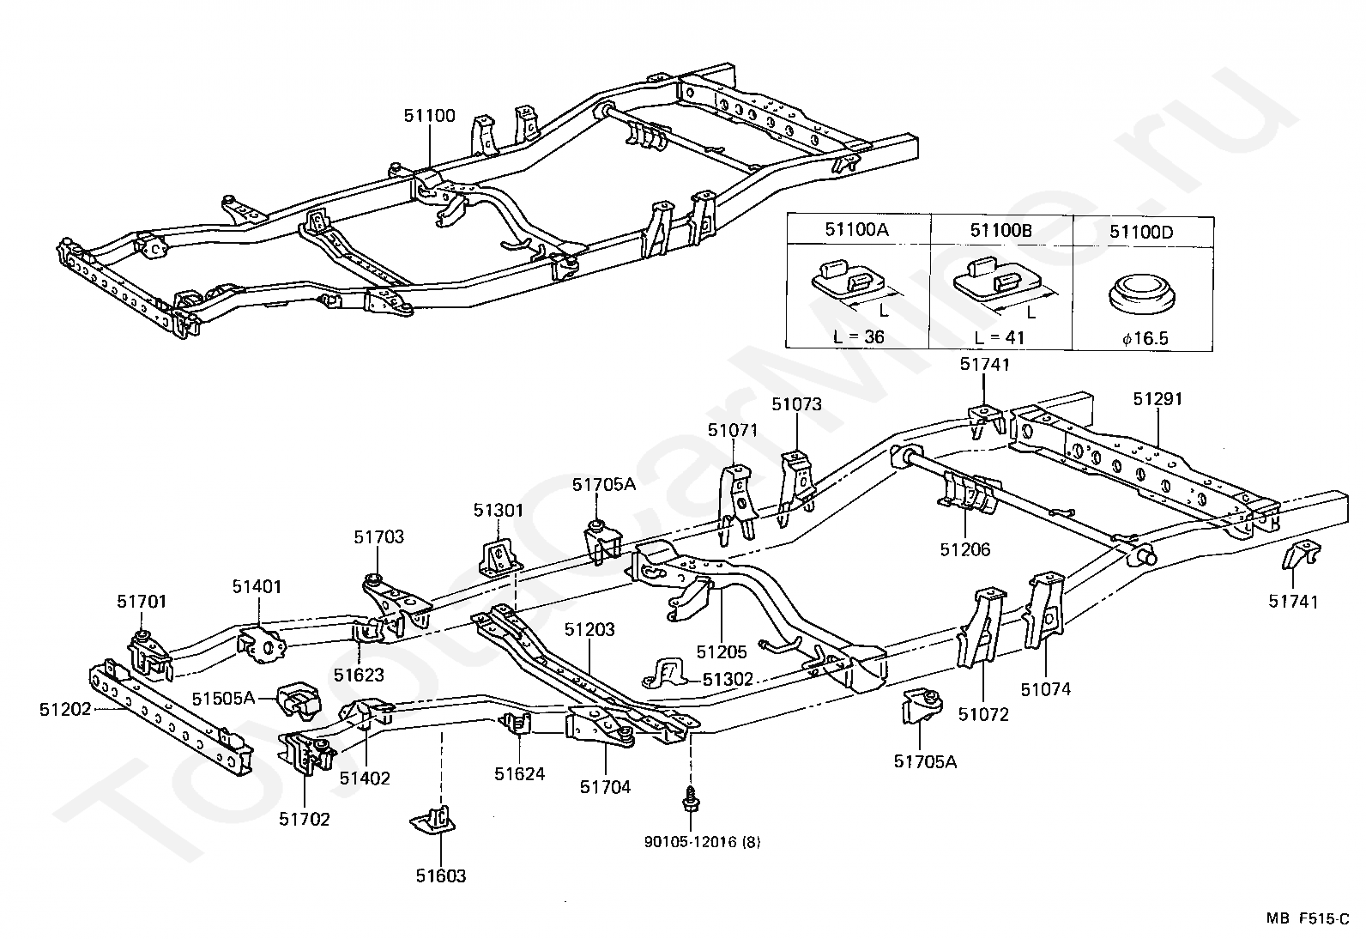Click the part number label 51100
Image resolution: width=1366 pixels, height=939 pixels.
[x=429, y=115]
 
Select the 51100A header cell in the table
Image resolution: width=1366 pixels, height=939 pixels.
[x=857, y=229]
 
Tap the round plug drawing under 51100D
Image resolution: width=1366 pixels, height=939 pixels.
[x=1141, y=294]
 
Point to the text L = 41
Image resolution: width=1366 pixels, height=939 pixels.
[x=999, y=337]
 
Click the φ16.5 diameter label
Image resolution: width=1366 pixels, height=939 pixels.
[x=1145, y=339]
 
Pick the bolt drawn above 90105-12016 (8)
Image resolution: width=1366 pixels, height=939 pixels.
[x=691, y=799]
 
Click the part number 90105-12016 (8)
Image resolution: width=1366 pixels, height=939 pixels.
[x=703, y=842]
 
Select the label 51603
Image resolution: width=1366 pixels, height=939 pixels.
[x=441, y=875]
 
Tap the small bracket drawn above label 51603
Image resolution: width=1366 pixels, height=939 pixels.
[x=432, y=820]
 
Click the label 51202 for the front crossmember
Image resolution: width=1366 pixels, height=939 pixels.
[x=64, y=709]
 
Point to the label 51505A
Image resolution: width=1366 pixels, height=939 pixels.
[x=223, y=698]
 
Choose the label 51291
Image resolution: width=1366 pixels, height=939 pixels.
[x=1157, y=399]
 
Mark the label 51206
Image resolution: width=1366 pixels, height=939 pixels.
[x=965, y=549]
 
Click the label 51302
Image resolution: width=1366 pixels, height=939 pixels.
[x=728, y=679]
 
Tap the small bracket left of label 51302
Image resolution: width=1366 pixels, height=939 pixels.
[x=665, y=674]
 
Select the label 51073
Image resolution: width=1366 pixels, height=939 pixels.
[x=796, y=404]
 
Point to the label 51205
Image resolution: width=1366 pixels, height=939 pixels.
[x=722, y=652]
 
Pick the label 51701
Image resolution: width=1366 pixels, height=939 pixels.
[x=142, y=602]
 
